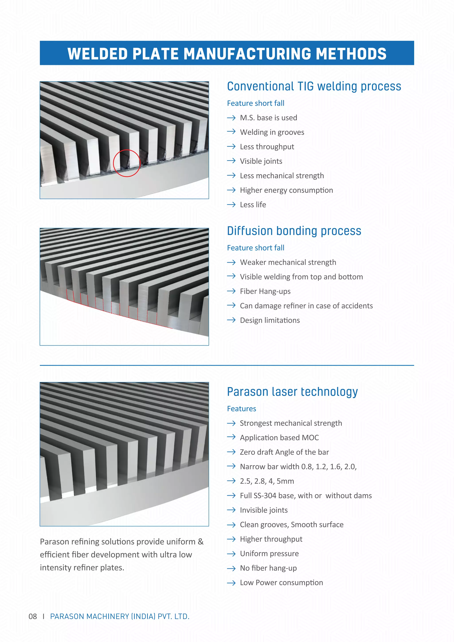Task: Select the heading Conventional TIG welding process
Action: tap(314, 86)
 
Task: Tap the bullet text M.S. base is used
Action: tap(268, 118)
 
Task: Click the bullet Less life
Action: tap(253, 205)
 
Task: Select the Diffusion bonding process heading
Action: tap(294, 231)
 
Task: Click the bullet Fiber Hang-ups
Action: tap(265, 291)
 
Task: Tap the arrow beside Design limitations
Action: tap(231, 320)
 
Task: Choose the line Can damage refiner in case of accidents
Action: tap(306, 306)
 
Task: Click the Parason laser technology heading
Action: tap(292, 392)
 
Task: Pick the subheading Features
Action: tap(242, 409)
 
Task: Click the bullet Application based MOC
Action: tap(279, 438)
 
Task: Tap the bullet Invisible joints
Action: tap(264, 510)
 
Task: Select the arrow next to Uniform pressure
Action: tap(231, 554)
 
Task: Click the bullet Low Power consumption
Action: tap(281, 583)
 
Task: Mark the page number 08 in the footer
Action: tap(33, 617)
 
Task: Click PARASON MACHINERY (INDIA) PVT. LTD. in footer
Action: tap(120, 617)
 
